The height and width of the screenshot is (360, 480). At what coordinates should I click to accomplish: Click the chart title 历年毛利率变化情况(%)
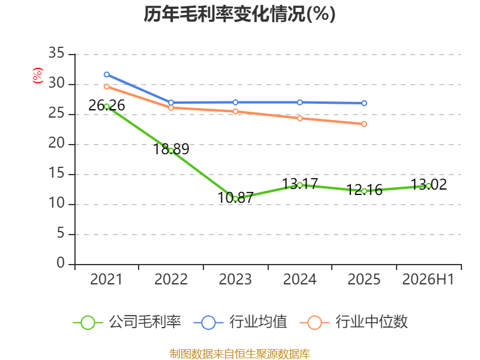(x=239, y=14)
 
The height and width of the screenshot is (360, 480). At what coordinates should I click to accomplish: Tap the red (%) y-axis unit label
(x=38, y=76)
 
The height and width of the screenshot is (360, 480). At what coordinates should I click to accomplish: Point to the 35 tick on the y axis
(x=56, y=53)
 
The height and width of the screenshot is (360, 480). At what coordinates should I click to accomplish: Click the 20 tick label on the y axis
(x=56, y=143)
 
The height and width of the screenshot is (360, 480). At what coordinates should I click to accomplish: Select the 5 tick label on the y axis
(x=61, y=233)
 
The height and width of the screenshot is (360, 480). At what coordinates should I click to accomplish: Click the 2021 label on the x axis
(x=106, y=279)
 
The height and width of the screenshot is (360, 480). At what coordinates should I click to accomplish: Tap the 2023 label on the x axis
(x=235, y=279)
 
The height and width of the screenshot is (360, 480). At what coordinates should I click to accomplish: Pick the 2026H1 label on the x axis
(x=428, y=279)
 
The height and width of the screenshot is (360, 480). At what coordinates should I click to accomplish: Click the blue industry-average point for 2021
(x=107, y=74)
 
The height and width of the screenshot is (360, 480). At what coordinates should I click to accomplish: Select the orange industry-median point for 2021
(x=107, y=86)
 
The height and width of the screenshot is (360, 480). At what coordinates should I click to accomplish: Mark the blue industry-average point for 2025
(x=364, y=103)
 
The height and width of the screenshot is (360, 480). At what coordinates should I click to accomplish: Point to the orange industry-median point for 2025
(x=364, y=124)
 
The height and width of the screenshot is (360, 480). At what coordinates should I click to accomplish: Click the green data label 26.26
(x=107, y=106)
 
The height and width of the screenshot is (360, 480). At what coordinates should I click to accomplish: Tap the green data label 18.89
(x=171, y=149)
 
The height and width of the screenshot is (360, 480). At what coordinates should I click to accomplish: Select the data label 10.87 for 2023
(x=235, y=197)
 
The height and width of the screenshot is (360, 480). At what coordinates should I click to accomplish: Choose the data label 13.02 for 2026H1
(x=428, y=184)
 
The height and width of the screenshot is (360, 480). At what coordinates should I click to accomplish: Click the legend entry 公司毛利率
(x=127, y=322)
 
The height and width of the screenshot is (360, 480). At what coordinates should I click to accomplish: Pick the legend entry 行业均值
(x=241, y=322)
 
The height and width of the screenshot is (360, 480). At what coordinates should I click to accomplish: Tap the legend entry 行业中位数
(x=354, y=322)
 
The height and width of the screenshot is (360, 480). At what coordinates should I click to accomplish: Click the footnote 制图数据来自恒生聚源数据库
(x=239, y=354)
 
